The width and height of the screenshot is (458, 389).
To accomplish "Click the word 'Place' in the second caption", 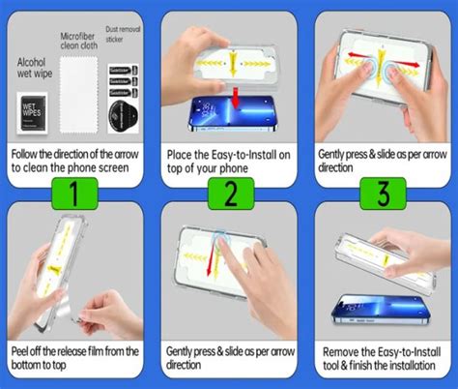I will click(x=185, y=153).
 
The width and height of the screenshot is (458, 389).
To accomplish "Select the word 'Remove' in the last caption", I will click(x=342, y=351).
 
